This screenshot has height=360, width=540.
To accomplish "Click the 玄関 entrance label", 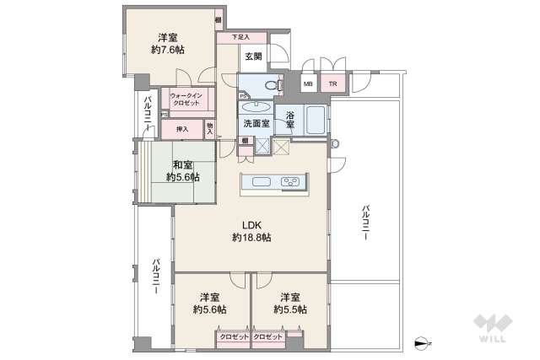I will coord(252,56).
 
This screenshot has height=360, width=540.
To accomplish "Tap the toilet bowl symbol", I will coord(269,85).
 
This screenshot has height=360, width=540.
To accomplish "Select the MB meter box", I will coord(308,83).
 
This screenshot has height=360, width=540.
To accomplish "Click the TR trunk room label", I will coord(332,83).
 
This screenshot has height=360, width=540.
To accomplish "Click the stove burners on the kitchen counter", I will coord(291,182).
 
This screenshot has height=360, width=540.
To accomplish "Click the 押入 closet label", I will coord(181,129).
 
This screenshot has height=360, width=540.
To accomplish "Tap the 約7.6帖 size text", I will coord(167,51).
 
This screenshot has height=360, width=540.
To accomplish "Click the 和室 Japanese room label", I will coord(182,165).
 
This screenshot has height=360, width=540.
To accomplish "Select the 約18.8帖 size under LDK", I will coord(251,239).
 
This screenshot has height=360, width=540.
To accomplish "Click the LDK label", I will coord(251,225).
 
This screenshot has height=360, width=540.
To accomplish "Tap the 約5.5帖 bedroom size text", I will coord(290,310).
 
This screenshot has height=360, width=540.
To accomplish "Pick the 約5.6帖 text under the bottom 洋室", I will coord(210,310).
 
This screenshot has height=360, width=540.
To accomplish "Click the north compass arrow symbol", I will coord(423,342).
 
